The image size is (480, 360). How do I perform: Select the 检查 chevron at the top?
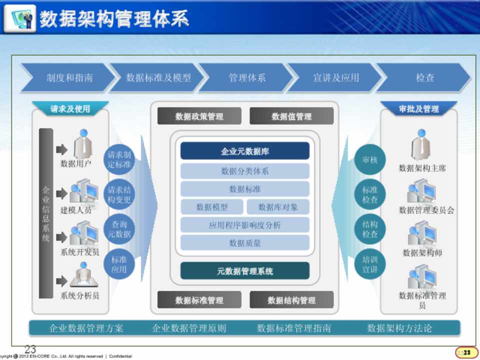424,78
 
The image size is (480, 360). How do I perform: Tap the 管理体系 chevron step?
246,78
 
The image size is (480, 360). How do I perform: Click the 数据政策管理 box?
199,116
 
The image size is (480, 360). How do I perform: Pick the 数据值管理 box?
291,116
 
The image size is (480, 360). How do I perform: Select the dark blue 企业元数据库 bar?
244,151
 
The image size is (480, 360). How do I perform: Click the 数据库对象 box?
278,207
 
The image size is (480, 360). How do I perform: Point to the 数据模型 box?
212,207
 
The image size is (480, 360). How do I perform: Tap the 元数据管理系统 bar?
244,271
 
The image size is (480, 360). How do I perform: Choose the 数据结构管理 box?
291,300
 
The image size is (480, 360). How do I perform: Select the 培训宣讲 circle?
370,264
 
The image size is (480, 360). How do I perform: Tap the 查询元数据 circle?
119,229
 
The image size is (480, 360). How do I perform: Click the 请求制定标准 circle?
119,159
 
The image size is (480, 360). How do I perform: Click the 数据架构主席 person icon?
421,145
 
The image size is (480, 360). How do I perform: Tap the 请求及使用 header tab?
70,108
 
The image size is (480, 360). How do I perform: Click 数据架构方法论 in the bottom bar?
399,328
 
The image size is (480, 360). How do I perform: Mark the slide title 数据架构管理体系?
114,19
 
